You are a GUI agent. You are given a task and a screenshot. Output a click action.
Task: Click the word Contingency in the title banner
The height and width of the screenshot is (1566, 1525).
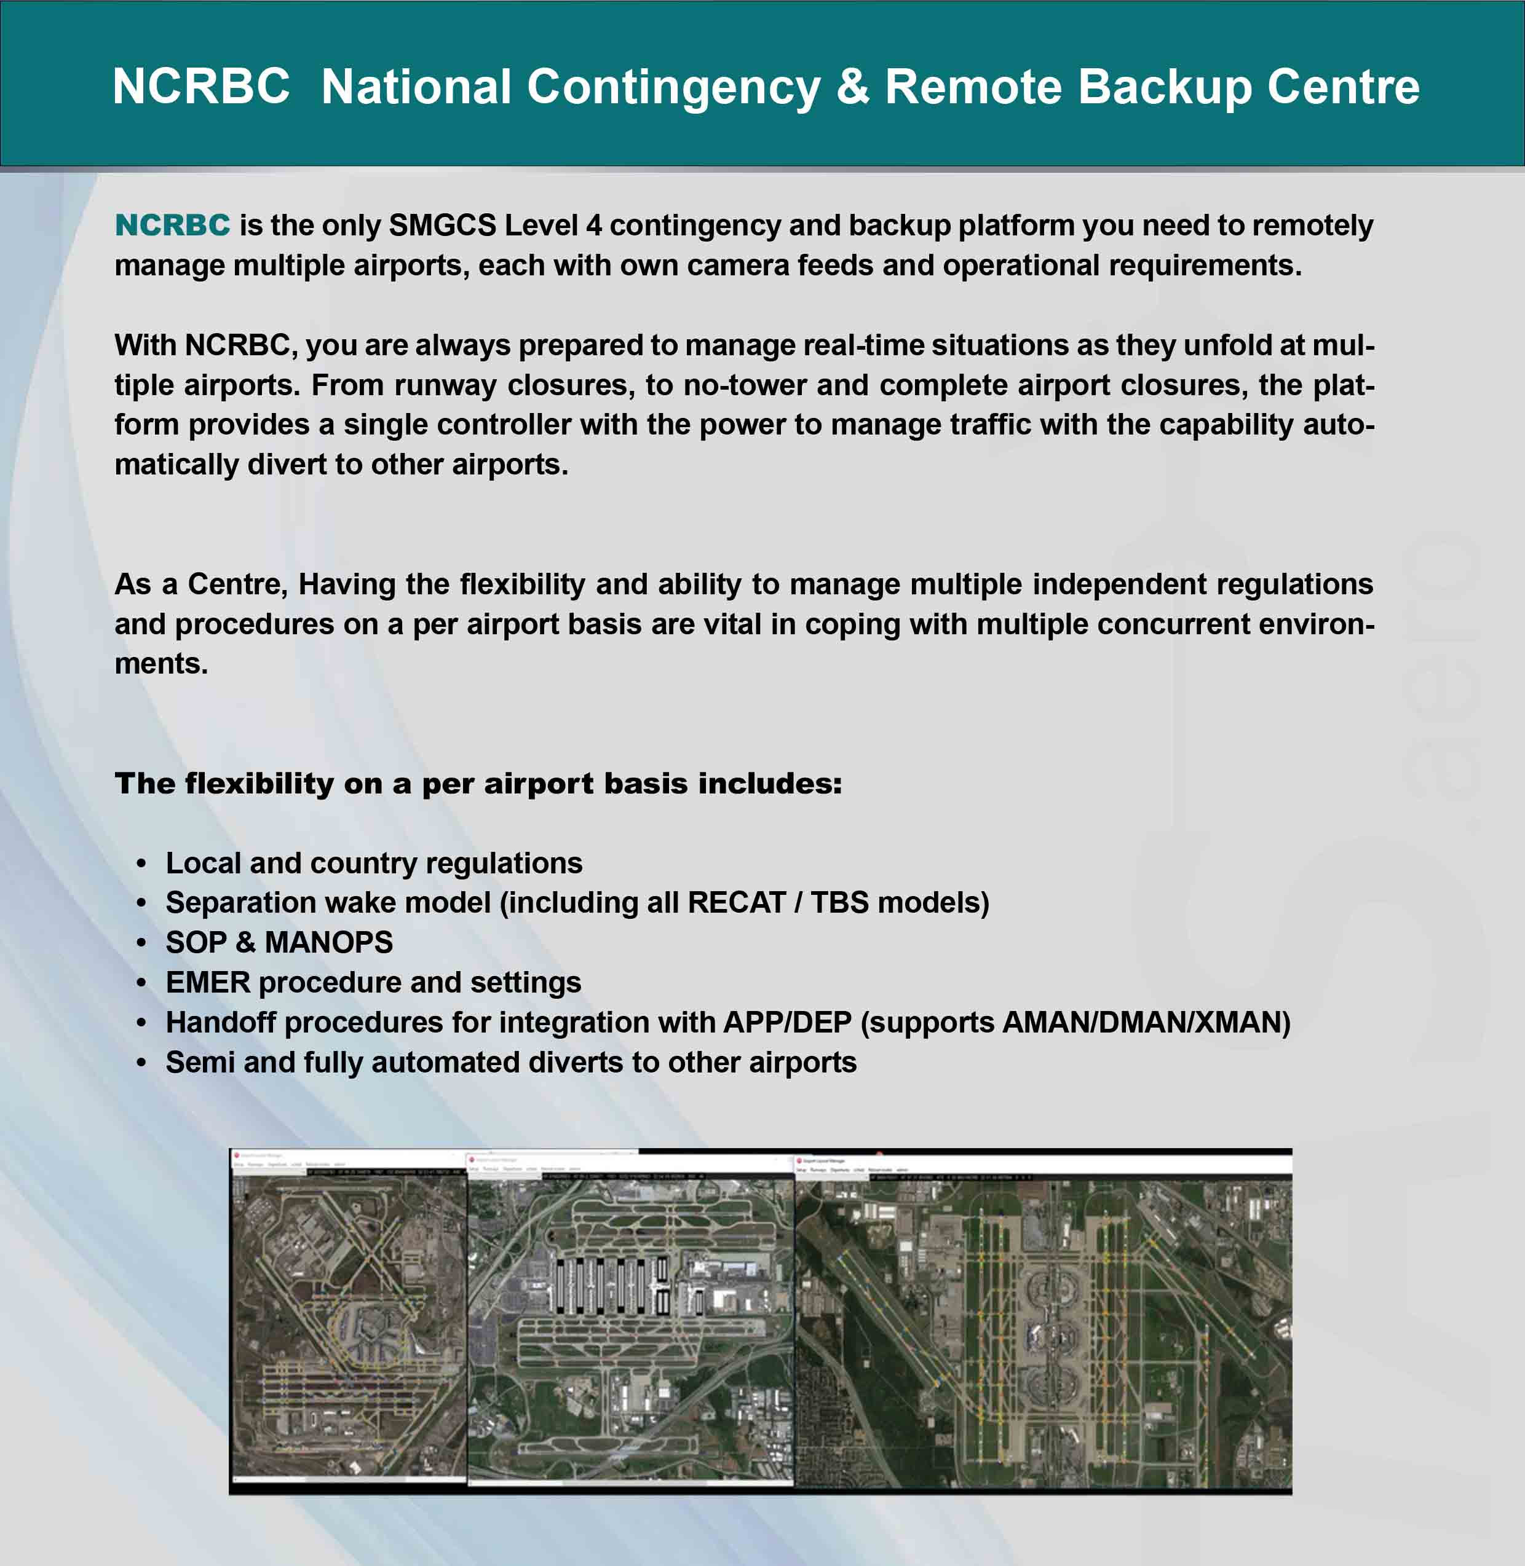(x=673, y=87)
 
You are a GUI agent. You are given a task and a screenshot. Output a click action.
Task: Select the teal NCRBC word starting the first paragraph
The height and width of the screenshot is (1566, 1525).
(x=172, y=226)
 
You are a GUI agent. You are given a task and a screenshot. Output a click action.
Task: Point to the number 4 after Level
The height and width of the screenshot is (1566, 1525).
(x=593, y=226)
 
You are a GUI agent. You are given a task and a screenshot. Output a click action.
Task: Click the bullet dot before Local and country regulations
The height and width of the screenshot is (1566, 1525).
(x=142, y=864)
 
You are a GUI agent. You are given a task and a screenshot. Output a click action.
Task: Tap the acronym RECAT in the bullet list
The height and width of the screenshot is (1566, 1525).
(x=736, y=903)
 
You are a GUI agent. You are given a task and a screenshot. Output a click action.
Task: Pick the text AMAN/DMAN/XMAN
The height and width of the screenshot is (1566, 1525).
(x=1146, y=1023)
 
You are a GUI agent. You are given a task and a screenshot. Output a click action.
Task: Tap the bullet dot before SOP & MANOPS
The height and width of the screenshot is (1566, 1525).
(x=142, y=944)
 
